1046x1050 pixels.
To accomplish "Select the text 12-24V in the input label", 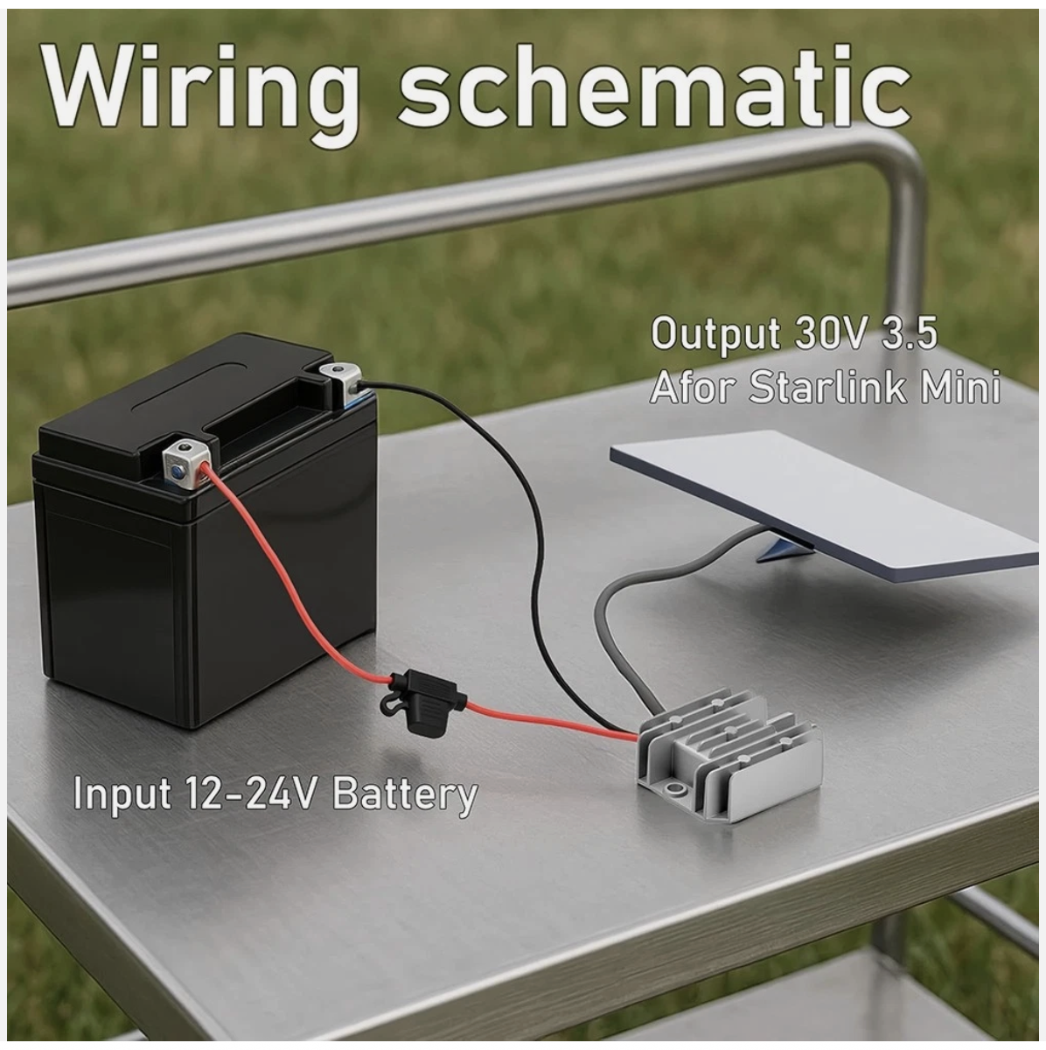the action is pyautogui.click(x=255, y=794).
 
